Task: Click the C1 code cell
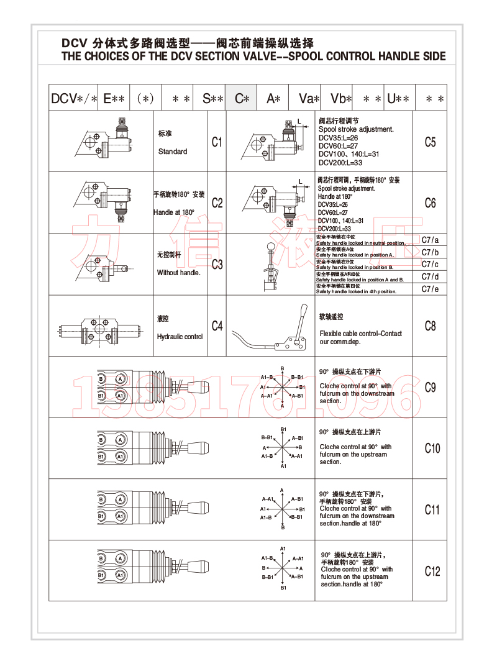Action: point(217,142)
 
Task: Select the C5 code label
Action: point(430,142)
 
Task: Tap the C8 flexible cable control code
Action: point(430,326)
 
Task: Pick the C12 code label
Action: point(432,571)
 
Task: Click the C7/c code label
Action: point(430,264)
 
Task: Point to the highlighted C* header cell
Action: point(242,98)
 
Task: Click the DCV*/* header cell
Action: point(75,98)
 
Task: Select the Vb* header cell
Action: point(340,98)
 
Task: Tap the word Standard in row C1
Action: point(172,152)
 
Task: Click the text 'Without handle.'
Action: point(178,273)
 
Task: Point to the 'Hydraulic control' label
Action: point(180,337)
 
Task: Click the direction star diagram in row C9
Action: point(283,386)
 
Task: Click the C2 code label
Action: point(217,203)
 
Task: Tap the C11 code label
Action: point(432,510)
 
